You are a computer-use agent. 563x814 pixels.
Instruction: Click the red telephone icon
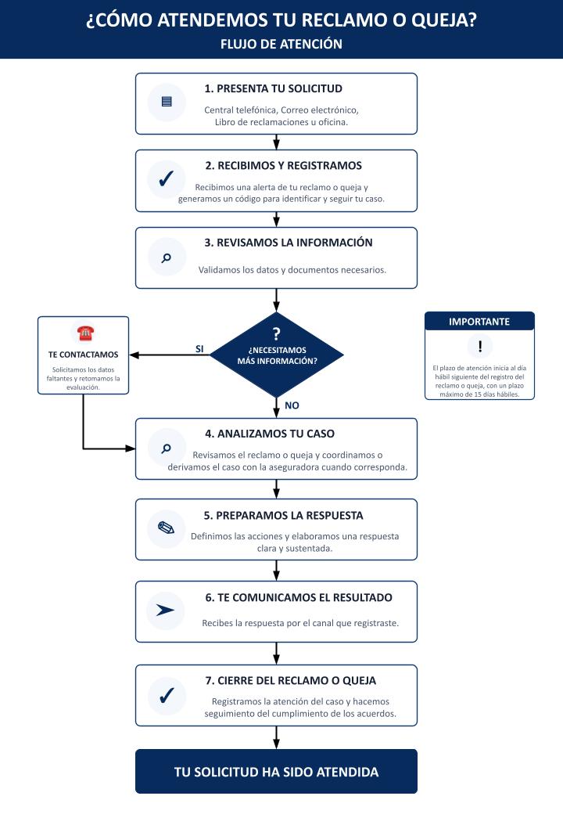85,333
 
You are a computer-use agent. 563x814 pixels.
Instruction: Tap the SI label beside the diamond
199,349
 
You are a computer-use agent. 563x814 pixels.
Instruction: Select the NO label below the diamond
292,405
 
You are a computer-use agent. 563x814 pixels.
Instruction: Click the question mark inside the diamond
276,333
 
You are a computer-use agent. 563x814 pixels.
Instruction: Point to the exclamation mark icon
479,346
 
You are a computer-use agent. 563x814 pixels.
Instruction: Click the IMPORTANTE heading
479,322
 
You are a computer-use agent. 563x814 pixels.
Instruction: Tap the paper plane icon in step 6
165,610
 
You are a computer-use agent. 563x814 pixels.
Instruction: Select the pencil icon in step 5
166,528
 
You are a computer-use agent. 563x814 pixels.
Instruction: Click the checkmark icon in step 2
167,178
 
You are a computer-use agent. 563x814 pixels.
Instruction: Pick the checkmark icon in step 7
167,695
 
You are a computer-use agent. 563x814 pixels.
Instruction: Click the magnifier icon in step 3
167,258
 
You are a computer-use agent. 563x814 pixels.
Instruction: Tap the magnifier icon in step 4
167,448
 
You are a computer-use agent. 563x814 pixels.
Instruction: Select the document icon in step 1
167,102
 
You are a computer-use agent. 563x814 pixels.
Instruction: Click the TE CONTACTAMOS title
83,355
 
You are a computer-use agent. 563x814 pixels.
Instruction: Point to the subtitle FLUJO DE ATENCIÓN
281,44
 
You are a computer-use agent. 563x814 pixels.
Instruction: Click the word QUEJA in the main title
444,20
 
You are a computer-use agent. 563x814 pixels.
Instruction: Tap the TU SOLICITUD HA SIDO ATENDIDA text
276,772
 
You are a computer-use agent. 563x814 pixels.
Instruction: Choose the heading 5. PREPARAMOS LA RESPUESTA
284,516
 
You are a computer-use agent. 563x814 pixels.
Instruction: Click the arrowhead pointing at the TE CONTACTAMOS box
134,355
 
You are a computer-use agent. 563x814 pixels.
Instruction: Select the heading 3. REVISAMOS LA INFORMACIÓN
289,243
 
